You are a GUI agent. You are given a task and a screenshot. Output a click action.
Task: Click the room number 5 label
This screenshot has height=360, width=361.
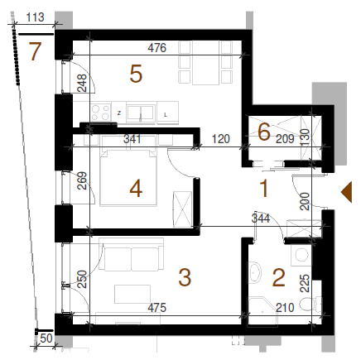pos(136,74)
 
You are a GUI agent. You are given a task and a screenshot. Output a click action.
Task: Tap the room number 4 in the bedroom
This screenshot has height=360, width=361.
pos(136,189)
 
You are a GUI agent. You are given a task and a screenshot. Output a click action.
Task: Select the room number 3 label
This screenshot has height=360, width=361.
pos(185,277)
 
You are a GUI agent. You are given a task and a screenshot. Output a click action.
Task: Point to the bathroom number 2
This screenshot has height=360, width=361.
pos(278,278)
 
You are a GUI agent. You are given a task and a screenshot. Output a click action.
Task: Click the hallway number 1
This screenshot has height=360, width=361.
pos(264,189)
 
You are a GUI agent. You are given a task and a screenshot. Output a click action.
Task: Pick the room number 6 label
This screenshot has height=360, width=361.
pos(263,132)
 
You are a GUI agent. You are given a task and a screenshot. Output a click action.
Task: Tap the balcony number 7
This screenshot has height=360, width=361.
pos(36,51)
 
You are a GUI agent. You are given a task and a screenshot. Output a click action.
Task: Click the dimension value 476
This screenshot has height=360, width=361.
pos(157,48)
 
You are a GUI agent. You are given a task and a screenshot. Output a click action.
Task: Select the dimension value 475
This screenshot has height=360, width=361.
pos(156,308)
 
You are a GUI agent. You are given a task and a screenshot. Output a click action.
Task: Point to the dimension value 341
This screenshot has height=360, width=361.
pos(132,139)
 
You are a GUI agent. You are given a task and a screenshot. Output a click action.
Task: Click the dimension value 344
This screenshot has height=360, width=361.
pos(261,218)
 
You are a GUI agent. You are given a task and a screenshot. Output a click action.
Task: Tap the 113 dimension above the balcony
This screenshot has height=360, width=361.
pos(35,17)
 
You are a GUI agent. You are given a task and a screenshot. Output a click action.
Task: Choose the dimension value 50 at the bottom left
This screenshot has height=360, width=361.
pos(46,338)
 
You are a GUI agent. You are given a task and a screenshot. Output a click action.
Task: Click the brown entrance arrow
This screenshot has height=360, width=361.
pos(347,192)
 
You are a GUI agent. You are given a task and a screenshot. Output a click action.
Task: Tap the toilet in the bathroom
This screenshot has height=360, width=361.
pos(310,304)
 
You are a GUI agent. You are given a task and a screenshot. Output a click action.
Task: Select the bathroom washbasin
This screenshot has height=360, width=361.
pos(254,272)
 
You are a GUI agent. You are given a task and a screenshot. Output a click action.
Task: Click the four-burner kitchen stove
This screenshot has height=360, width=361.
pos(100,113)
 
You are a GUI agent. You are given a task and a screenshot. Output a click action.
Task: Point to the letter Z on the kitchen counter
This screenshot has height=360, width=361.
pos(119,113)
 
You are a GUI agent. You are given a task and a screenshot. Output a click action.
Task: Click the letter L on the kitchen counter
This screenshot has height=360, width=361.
pos(166,115)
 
